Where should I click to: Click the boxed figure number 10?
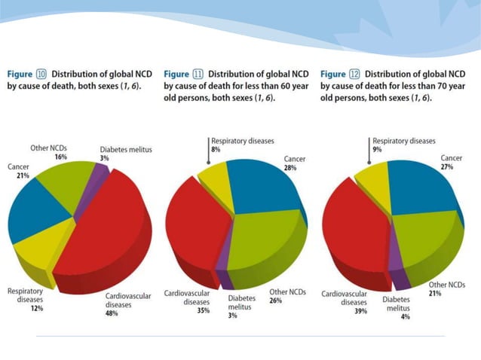[41, 74]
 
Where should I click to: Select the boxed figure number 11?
[198, 74]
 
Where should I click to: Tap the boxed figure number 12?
[354, 74]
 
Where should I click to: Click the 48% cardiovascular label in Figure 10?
[112, 313]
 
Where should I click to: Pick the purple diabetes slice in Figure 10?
[97, 174]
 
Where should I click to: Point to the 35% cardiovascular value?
[203, 310]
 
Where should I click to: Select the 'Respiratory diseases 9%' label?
[403, 145]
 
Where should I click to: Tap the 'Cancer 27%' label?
[451, 162]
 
